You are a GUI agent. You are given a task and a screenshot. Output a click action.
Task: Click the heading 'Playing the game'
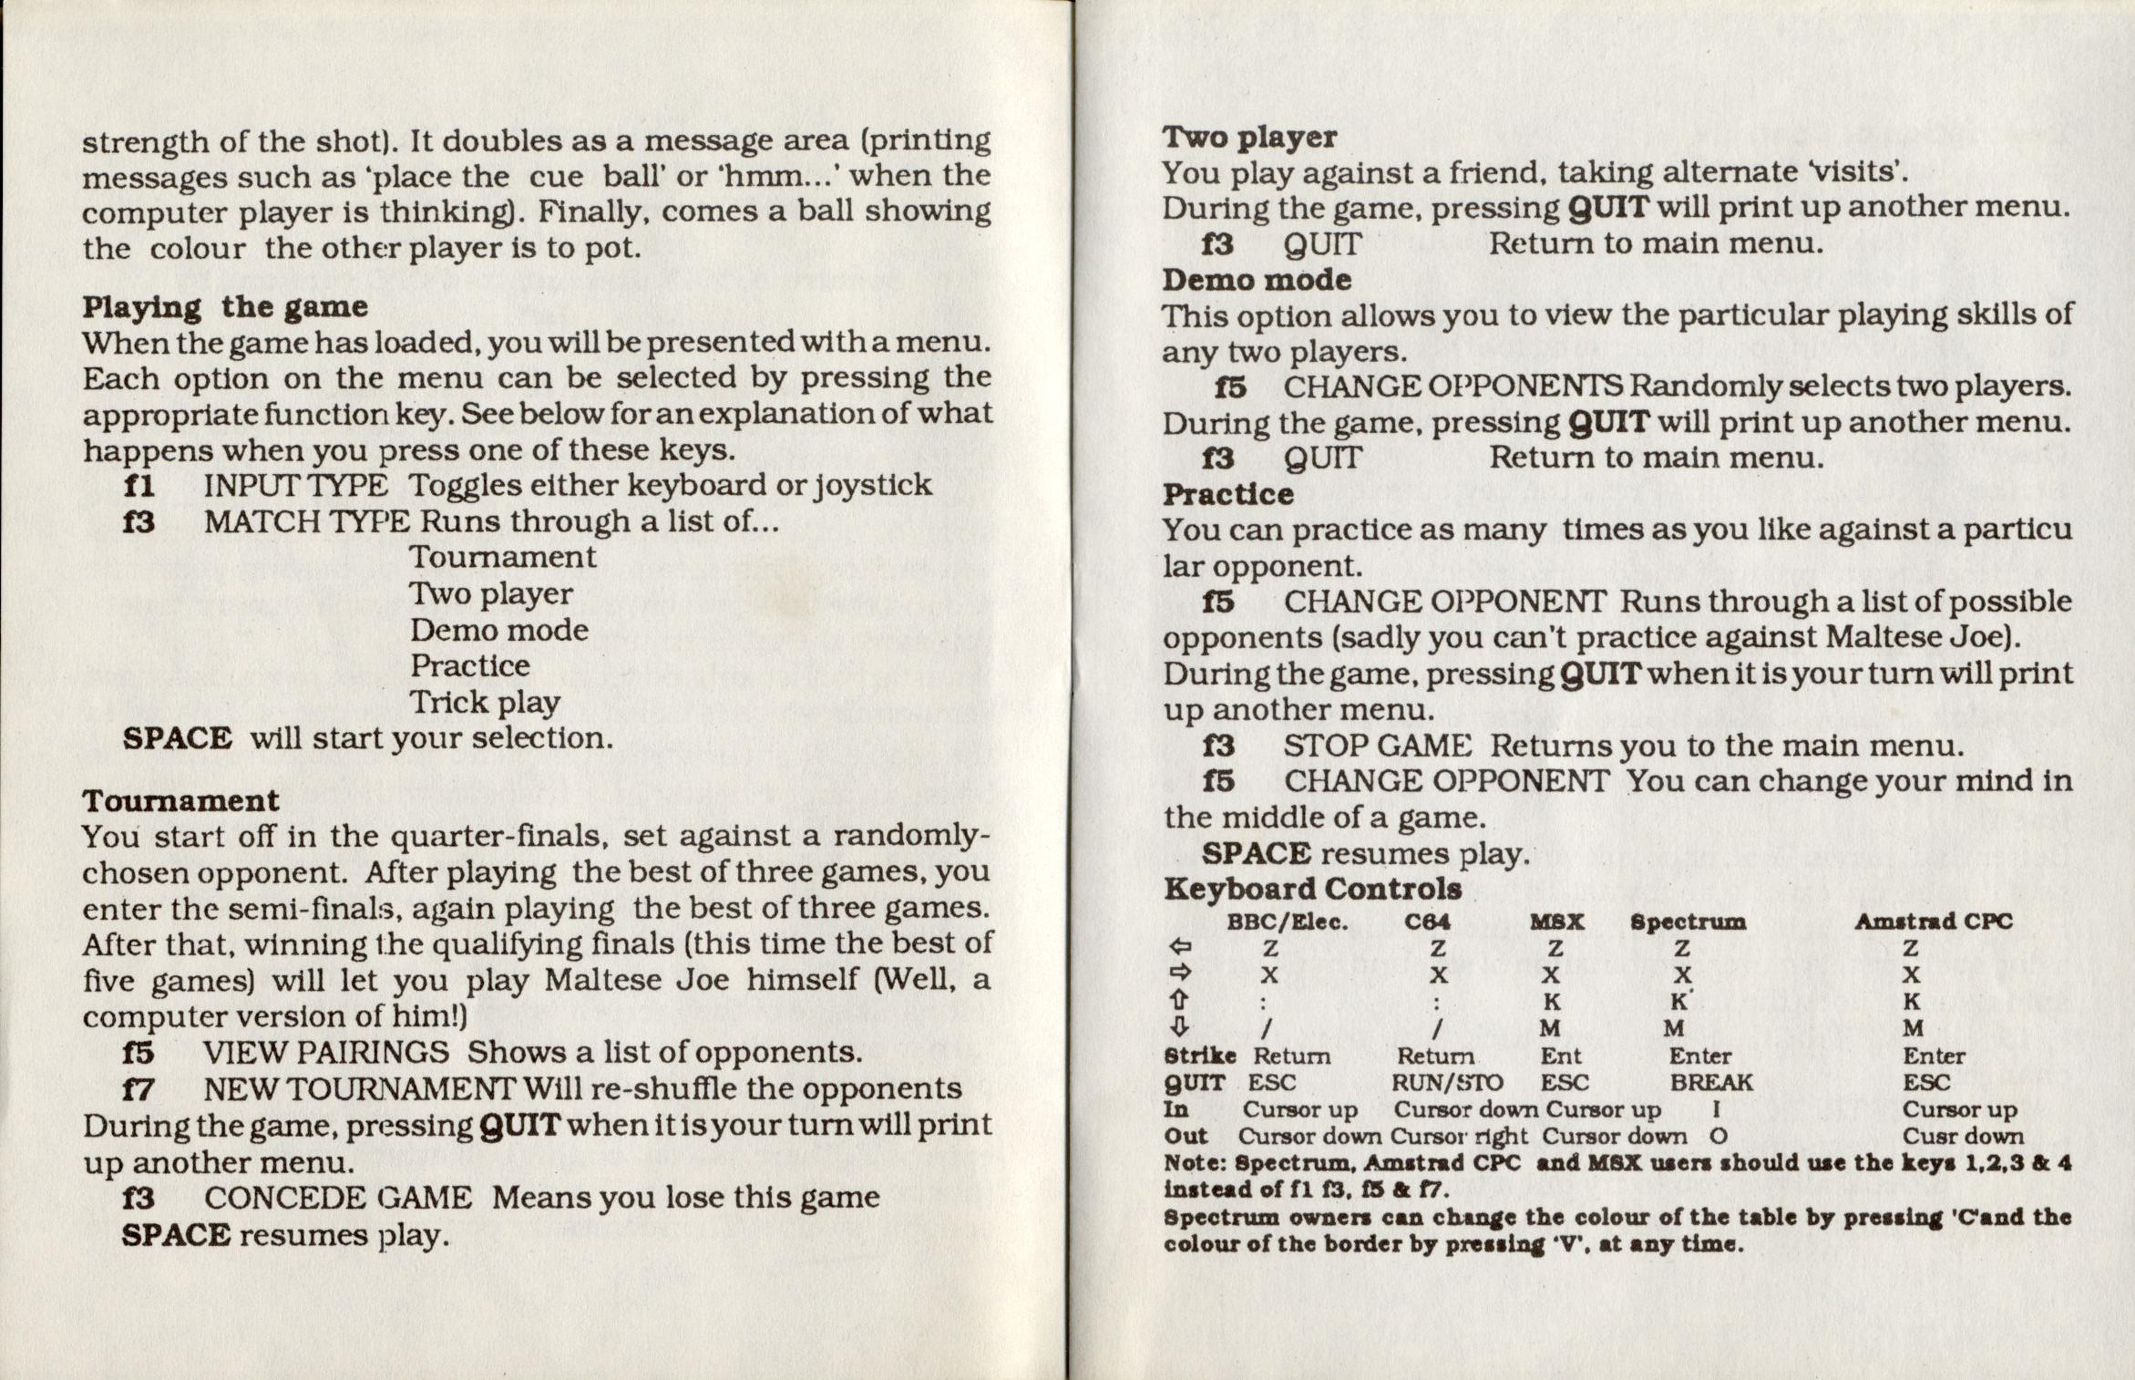(224, 307)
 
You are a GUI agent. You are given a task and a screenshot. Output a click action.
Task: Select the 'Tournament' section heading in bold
(180, 800)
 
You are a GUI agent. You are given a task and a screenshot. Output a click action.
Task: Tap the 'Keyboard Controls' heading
(1313, 889)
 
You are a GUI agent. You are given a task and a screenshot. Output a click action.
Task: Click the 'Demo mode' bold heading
(1257, 280)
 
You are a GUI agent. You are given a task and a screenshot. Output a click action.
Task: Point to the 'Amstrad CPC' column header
(1933, 922)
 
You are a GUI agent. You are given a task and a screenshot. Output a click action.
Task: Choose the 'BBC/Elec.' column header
(1287, 922)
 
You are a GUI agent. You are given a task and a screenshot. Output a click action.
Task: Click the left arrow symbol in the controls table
(1179, 948)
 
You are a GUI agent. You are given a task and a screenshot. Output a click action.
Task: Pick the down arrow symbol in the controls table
(1179, 1028)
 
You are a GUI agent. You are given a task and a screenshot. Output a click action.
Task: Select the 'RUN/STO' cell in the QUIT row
(1447, 1083)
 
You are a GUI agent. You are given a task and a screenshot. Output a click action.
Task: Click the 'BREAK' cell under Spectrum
(1710, 1083)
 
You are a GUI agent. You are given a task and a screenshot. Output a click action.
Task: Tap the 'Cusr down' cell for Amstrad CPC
(1963, 1137)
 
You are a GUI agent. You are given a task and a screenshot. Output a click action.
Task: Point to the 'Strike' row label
(1199, 1056)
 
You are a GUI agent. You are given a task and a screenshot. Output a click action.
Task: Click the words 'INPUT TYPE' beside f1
(295, 485)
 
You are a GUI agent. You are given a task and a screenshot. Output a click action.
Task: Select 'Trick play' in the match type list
(484, 703)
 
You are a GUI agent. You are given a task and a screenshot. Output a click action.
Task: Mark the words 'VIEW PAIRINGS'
(326, 1053)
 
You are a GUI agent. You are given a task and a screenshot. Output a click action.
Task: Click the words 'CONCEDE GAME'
(337, 1198)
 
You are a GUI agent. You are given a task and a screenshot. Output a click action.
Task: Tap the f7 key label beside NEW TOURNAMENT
(139, 1089)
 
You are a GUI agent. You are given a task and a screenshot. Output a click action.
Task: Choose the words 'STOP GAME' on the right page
(1377, 746)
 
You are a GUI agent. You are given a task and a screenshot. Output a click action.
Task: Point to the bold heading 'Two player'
(1249, 138)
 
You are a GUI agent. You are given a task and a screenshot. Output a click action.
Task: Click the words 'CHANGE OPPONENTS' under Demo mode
(1452, 386)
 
